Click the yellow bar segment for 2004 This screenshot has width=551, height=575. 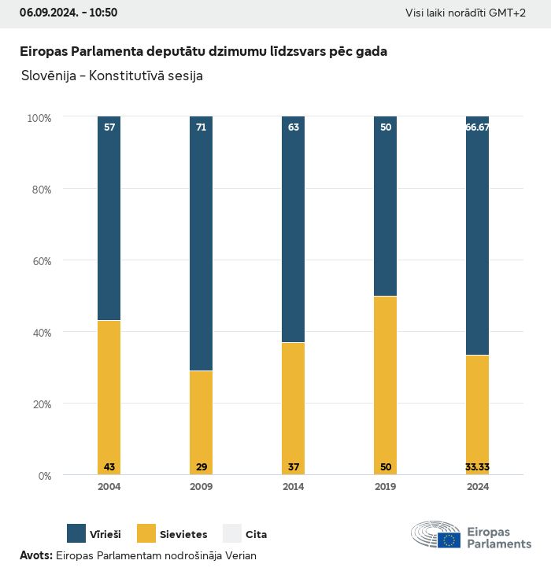click(x=109, y=393)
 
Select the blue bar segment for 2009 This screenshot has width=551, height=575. click(x=202, y=244)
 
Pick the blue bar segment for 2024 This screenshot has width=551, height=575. click(x=478, y=236)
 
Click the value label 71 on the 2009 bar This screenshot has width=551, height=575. click(x=202, y=127)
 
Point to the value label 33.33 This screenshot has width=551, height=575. click(x=478, y=467)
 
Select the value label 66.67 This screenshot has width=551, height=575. click(x=478, y=127)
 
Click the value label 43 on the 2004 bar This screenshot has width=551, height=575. click(x=109, y=467)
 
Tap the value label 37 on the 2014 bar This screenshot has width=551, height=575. click(x=294, y=467)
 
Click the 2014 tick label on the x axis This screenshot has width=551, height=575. click(x=294, y=487)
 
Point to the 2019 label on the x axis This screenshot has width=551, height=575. click(x=386, y=487)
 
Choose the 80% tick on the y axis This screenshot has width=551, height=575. click(x=39, y=190)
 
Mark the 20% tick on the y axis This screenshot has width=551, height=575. click(x=39, y=404)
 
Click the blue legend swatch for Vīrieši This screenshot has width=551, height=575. click(x=76, y=534)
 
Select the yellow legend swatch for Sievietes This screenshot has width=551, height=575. click(x=146, y=534)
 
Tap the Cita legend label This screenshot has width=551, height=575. click(x=256, y=535)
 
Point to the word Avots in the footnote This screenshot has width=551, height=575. click(x=35, y=555)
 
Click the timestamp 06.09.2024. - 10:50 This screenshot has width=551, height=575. click(x=68, y=13)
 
